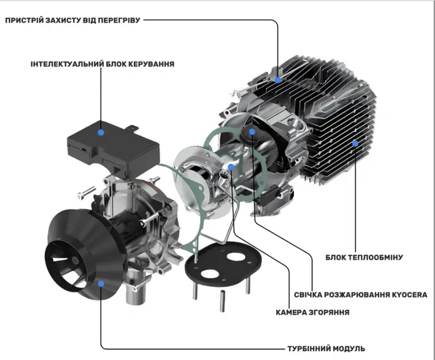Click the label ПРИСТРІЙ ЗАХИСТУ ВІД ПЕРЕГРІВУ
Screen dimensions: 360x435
coord(72,20)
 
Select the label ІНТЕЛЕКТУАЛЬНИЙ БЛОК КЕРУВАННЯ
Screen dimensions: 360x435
coord(102,64)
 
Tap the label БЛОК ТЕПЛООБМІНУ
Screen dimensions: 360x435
coord(364,257)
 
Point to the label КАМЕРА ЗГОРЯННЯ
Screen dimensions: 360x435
coord(312,312)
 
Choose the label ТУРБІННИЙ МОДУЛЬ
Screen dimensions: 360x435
coord(326,348)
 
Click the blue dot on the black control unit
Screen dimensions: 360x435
coord(101,132)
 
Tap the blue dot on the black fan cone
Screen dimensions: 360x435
coord(100,283)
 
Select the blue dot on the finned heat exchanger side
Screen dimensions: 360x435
coord(355,143)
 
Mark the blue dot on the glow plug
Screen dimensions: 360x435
coord(252,131)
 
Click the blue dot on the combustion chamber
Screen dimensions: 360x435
coord(231,166)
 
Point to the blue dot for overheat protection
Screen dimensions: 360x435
coord(278,80)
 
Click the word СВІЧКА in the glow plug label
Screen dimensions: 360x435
coord(307,295)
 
